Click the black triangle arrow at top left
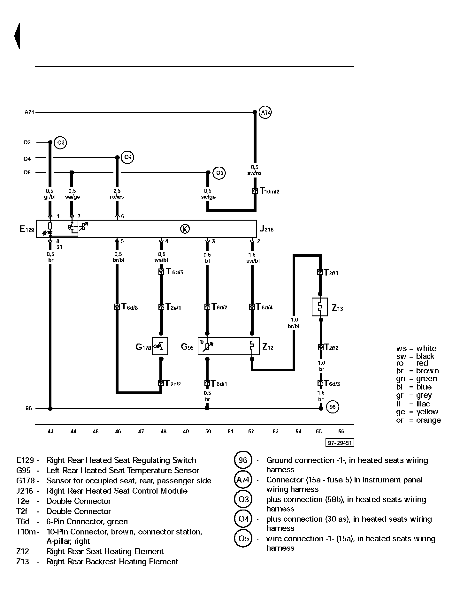[x=17, y=36]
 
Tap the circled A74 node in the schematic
[x=265, y=112]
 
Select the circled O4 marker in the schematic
[x=128, y=157]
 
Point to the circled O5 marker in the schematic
[x=219, y=173]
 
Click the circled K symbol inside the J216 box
[x=185, y=229]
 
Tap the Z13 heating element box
[x=320, y=307]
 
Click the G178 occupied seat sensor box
[x=160, y=346]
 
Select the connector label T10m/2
[x=270, y=191]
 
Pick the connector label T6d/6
[x=130, y=307]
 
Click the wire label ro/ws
[x=117, y=197]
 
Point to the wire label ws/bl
[x=161, y=260]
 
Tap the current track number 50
[x=208, y=431]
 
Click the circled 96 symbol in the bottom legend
[x=243, y=460]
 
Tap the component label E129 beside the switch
[x=27, y=229]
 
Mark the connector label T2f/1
[x=331, y=272]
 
